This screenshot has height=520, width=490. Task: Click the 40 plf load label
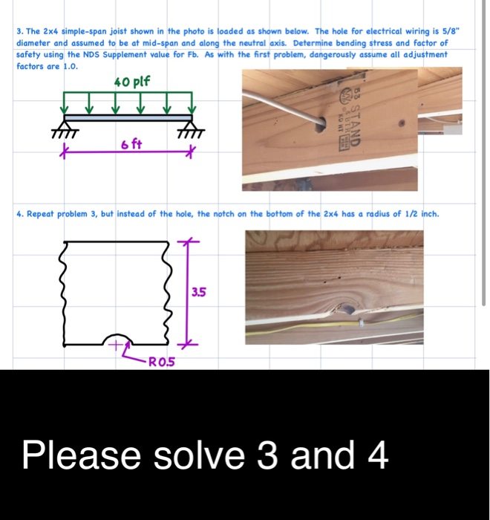pos(131,81)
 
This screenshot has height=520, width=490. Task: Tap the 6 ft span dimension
pos(131,143)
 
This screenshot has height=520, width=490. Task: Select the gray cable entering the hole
pos(282,104)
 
